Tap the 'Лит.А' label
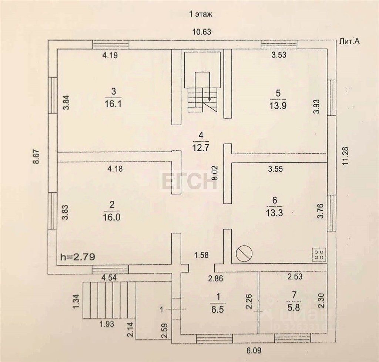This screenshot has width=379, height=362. click(x=349, y=42)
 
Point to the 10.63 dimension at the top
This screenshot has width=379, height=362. click(x=202, y=32)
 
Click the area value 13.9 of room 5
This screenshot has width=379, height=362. click(x=278, y=105)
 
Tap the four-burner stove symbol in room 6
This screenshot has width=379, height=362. click(x=319, y=254)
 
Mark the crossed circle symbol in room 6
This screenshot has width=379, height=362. click(x=245, y=254)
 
